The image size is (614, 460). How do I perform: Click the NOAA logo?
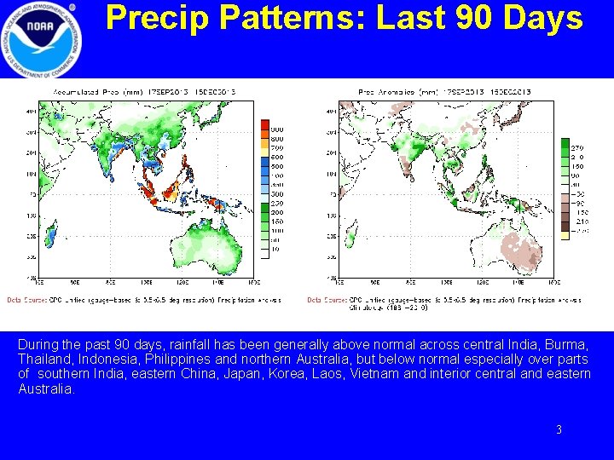42,38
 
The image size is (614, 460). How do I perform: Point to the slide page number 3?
559,430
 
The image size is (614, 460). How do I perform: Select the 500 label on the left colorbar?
277,167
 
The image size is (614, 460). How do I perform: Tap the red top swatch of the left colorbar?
264,125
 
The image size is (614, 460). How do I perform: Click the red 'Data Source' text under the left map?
26,300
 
